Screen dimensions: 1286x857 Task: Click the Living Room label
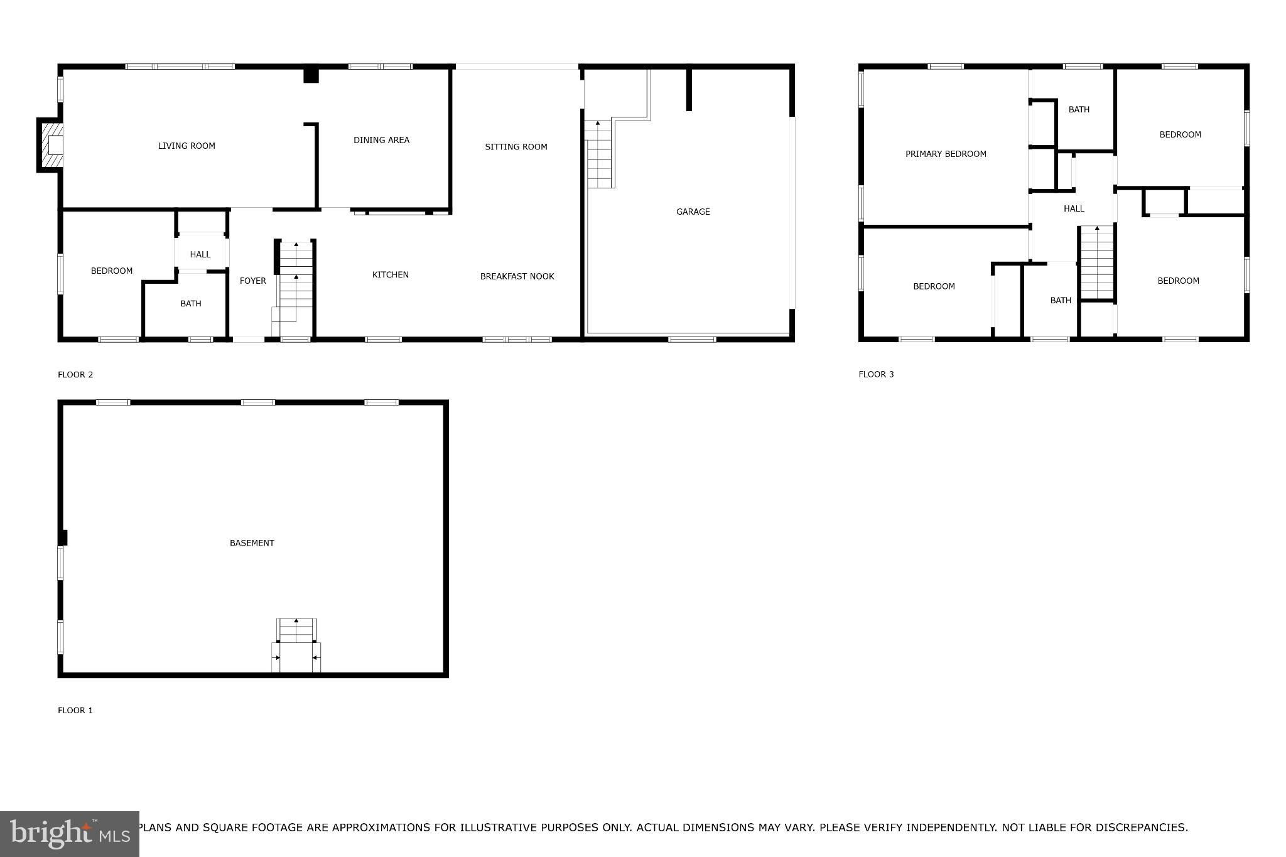point(186,146)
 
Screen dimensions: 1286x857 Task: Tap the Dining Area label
point(381,140)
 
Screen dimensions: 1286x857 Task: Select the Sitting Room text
point(516,147)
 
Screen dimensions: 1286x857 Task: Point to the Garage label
point(693,212)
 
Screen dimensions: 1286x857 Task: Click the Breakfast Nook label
point(517,276)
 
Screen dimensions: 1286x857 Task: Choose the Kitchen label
point(391,274)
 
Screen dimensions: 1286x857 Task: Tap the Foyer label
point(253,281)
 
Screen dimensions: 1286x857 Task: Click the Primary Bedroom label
point(946,154)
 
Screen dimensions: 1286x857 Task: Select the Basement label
point(252,543)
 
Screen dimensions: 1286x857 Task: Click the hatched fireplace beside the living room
point(51,145)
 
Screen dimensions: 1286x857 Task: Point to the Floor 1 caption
point(75,710)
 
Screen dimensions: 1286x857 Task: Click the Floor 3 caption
point(876,374)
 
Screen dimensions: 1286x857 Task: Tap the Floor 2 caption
point(75,375)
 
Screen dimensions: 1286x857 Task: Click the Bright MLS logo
point(70,834)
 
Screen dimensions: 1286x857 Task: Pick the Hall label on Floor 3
point(1074,208)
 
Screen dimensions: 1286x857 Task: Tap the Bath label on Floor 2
point(191,303)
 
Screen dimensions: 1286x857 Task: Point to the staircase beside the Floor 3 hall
point(1097,262)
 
